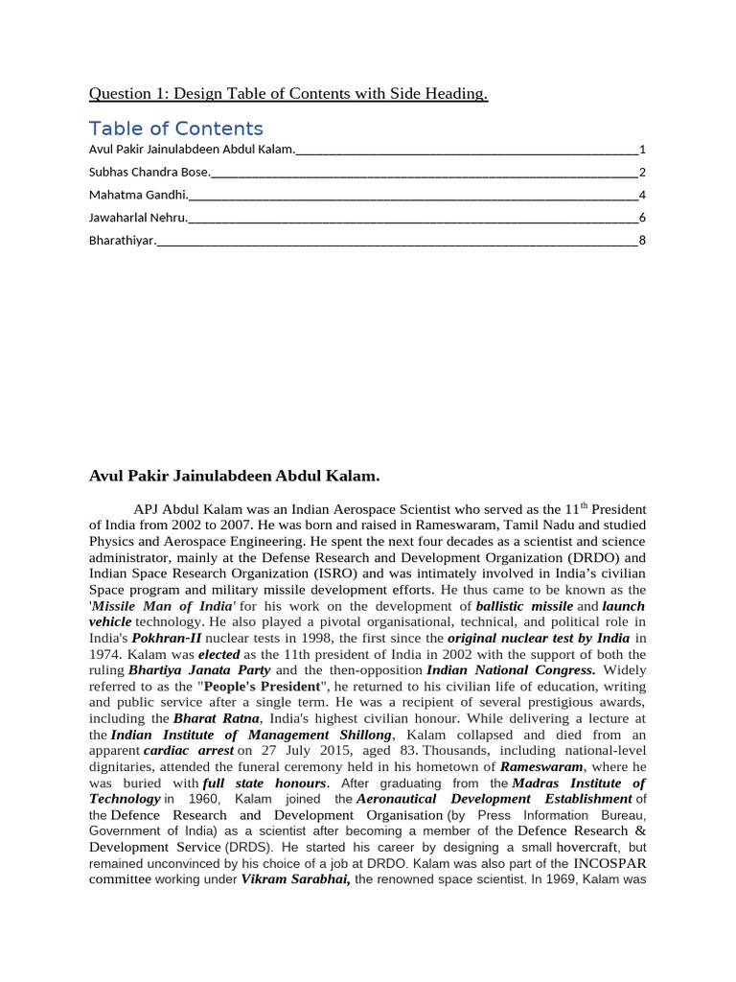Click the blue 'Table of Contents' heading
[x=175, y=129]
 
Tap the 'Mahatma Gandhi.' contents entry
[x=137, y=195]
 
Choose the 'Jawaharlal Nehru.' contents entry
[x=138, y=218]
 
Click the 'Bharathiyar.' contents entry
[x=121, y=240]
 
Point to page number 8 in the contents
[x=642, y=240]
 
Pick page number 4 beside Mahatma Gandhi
[x=642, y=195]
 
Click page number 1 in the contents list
[x=642, y=150]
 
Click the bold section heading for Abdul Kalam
[x=234, y=476]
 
